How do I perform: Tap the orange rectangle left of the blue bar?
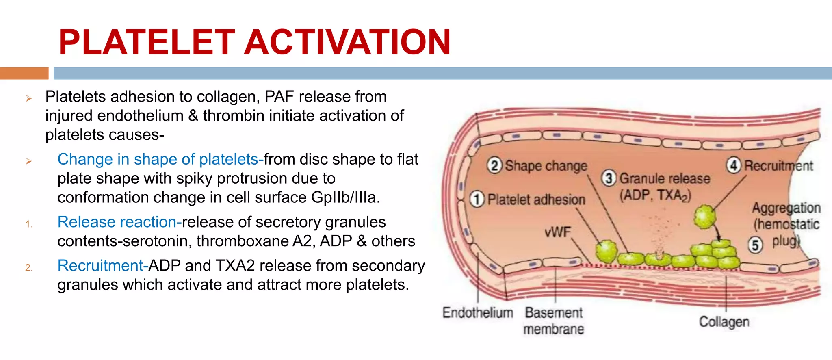(x=24, y=73)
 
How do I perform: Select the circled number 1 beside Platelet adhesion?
(x=477, y=199)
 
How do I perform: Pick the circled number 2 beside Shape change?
(x=494, y=166)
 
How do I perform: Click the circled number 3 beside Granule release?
(x=608, y=178)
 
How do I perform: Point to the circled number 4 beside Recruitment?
(x=734, y=165)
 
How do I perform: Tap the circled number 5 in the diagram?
(x=755, y=245)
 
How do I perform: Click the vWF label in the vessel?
(x=557, y=232)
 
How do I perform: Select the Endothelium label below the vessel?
(x=477, y=312)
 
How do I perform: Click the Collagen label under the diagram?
(x=724, y=322)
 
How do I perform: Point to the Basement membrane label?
(x=553, y=321)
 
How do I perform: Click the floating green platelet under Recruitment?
(x=704, y=217)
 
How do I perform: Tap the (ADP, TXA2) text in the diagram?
(x=655, y=195)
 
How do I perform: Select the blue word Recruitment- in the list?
(x=103, y=265)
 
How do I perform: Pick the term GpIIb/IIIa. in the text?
(x=346, y=197)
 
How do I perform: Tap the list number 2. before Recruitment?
(x=28, y=267)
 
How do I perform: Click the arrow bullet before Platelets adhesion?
(x=29, y=98)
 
